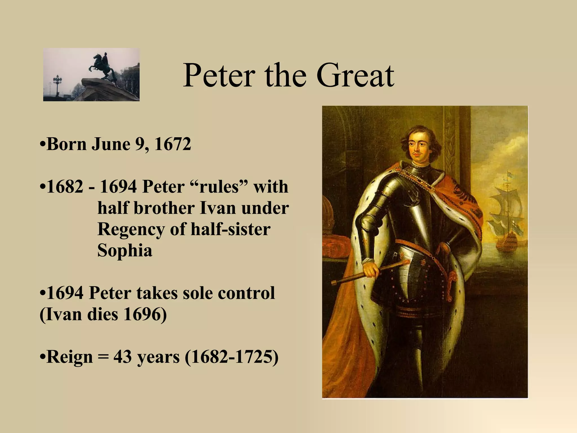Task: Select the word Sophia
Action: tap(125, 250)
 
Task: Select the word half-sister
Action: tap(230, 229)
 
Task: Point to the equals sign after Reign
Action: tap(103, 357)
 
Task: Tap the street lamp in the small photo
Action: tap(57, 83)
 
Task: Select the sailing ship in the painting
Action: tap(506, 214)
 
